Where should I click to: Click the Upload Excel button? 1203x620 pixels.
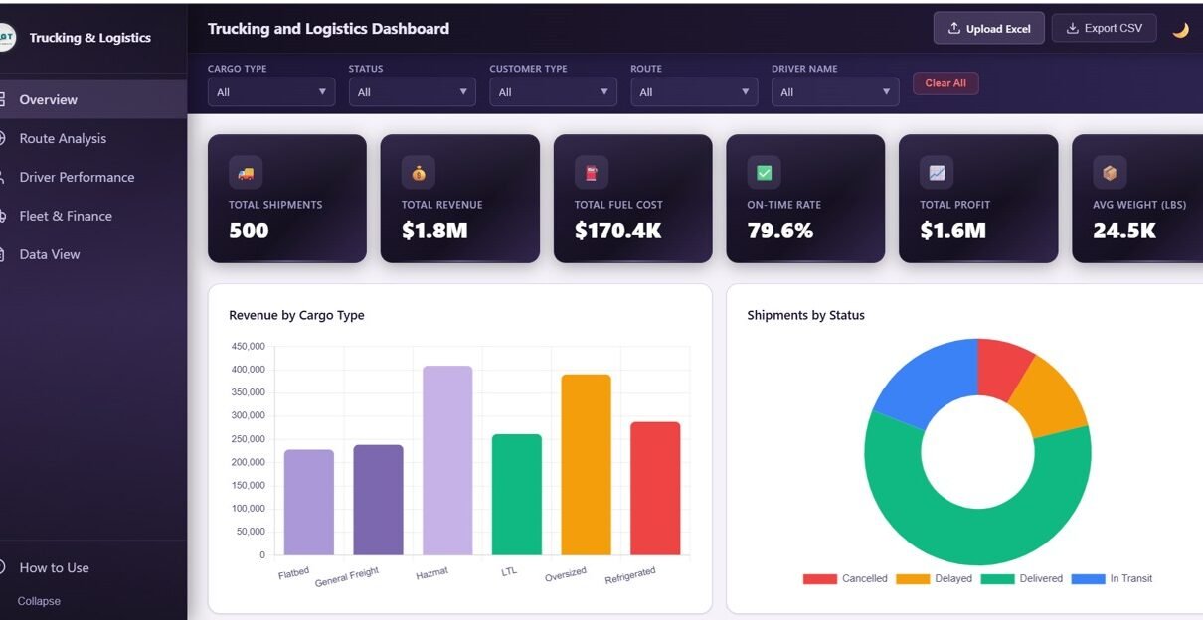(x=988, y=29)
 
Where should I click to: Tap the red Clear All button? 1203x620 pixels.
(x=945, y=83)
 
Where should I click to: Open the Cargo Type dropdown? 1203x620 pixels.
(x=271, y=92)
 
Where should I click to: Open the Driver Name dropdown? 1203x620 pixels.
(x=835, y=92)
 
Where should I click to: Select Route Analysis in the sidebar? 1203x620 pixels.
(x=63, y=139)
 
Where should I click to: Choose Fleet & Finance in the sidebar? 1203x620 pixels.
(x=66, y=216)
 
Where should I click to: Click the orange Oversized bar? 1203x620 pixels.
(x=586, y=465)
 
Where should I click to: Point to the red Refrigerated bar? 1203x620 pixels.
(x=655, y=489)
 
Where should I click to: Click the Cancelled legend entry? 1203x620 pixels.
(x=845, y=578)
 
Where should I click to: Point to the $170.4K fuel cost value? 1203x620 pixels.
(x=617, y=231)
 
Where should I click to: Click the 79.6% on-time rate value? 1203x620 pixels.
(x=779, y=231)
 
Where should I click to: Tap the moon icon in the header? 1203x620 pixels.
(x=1180, y=30)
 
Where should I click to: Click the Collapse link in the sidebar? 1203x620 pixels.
(x=39, y=601)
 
